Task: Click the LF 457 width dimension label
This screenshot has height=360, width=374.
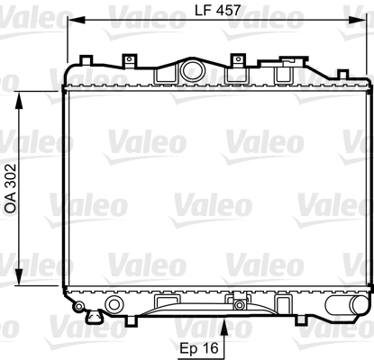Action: click(x=217, y=10)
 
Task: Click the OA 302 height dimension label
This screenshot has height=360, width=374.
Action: click(x=11, y=188)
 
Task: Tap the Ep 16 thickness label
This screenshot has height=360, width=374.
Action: click(x=199, y=348)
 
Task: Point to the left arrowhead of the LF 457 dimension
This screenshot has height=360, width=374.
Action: click(x=76, y=20)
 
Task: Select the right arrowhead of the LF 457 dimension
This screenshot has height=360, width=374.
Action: click(x=358, y=20)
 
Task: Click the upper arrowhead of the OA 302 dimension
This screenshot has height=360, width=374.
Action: click(x=19, y=100)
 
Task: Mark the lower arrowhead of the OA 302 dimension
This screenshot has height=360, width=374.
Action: click(x=19, y=277)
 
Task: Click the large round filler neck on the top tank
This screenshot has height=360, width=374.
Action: click(x=194, y=69)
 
